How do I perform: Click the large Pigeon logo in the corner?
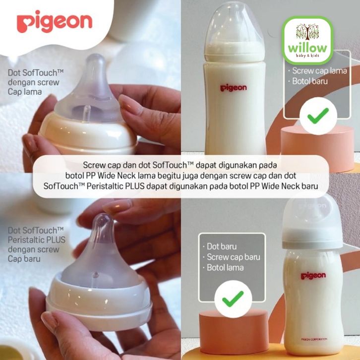click(55, 22)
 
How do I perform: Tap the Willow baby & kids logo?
click(307, 40)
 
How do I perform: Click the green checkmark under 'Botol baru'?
click(318, 116)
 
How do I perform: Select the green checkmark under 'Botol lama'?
click(233, 299)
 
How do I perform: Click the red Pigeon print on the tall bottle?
click(233, 88)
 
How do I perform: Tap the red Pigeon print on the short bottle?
click(313, 276)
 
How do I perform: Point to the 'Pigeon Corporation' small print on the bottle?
click(314, 339)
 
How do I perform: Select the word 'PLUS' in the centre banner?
click(135, 186)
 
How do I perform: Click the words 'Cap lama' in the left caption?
click(25, 92)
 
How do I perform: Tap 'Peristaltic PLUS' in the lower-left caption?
click(37, 240)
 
